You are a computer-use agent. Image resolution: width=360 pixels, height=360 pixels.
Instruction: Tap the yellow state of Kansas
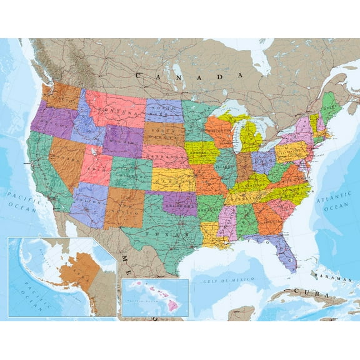tap(173, 179)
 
